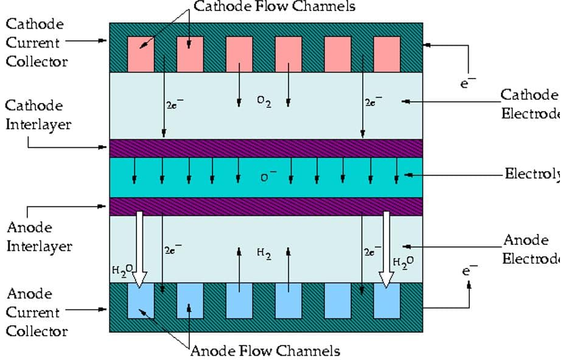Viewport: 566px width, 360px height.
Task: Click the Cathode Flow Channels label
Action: point(274,7)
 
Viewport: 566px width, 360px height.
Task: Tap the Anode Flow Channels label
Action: point(265,351)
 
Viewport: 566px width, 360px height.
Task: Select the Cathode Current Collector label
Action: point(36,43)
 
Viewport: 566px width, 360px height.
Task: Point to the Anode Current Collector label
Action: point(36,312)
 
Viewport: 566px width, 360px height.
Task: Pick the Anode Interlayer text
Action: point(38,237)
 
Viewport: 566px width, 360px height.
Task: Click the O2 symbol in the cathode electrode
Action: point(264,102)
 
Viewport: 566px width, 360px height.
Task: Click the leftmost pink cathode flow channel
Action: point(141,54)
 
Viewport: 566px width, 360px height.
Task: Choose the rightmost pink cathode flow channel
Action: point(387,54)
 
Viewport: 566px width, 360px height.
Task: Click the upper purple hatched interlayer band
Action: point(266,148)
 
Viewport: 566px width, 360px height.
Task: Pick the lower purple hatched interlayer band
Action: point(266,206)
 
